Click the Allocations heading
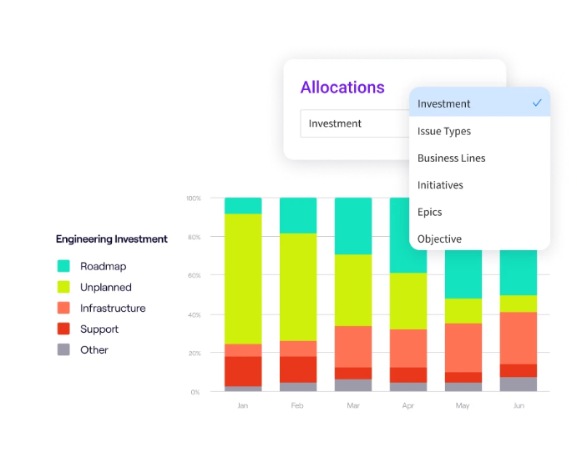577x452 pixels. pyautogui.click(x=342, y=88)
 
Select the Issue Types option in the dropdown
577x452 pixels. pyautogui.click(x=444, y=131)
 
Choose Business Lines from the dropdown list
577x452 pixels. pyautogui.click(x=451, y=158)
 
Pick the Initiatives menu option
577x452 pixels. pyautogui.click(x=440, y=185)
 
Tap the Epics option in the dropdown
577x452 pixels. pyautogui.click(x=430, y=212)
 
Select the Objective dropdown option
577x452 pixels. pyautogui.click(x=439, y=239)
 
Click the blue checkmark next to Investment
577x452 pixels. pyautogui.click(x=537, y=103)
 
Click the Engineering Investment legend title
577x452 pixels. pyautogui.click(x=112, y=239)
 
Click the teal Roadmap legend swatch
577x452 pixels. pyautogui.click(x=63, y=266)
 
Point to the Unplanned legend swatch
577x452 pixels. pyautogui.click(x=63, y=287)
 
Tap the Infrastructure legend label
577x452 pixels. pyautogui.click(x=113, y=309)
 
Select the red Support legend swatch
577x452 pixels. pyautogui.click(x=63, y=329)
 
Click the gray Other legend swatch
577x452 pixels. pyautogui.click(x=63, y=350)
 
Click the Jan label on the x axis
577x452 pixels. pyautogui.click(x=243, y=405)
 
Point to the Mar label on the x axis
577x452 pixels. pyautogui.click(x=353, y=405)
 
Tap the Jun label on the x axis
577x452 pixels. pyautogui.click(x=519, y=405)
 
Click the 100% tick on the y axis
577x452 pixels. pyautogui.click(x=193, y=198)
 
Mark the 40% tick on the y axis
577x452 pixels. pyautogui.click(x=193, y=315)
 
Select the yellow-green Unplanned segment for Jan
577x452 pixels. pyautogui.click(x=243, y=279)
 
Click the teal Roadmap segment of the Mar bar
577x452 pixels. pyautogui.click(x=353, y=226)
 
